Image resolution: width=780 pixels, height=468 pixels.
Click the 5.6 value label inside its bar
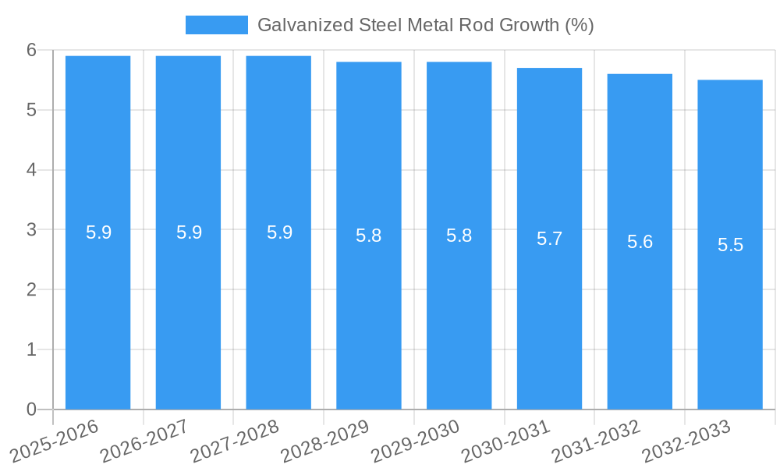tap(640, 242)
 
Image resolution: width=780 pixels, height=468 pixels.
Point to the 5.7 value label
tap(549, 239)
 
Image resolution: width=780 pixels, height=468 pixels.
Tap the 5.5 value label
tap(730, 245)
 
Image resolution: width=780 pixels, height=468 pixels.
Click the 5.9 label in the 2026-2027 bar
tap(189, 232)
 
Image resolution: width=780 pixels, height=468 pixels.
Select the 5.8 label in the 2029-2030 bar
tap(459, 236)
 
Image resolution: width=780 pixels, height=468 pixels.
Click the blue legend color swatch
tap(216, 25)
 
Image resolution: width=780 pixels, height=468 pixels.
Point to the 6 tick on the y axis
tap(31, 50)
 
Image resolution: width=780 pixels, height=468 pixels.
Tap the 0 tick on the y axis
tap(31, 409)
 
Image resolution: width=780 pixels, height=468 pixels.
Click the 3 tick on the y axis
tap(31, 230)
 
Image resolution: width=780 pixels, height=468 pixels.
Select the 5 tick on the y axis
tap(31, 110)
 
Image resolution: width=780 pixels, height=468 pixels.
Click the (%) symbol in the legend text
tap(580, 25)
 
